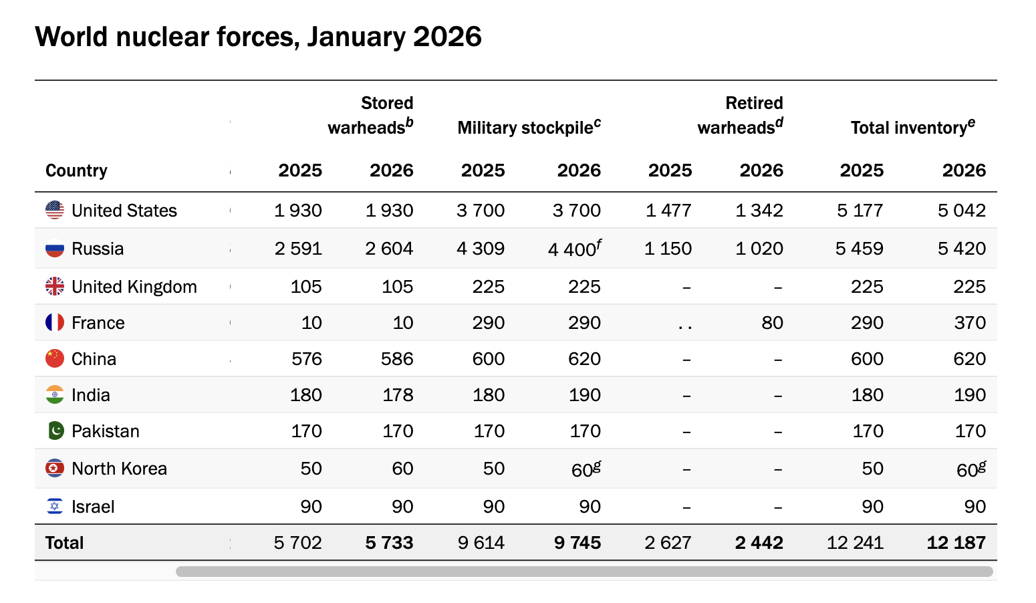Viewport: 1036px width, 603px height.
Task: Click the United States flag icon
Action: pyautogui.click(x=55, y=211)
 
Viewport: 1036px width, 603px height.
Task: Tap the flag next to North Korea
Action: pyautogui.click(x=55, y=469)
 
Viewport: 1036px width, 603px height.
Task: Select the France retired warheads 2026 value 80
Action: pyautogui.click(x=772, y=323)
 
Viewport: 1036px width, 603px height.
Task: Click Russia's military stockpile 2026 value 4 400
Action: pyautogui.click(x=571, y=249)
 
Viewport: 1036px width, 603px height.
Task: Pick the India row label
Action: pyautogui.click(x=91, y=395)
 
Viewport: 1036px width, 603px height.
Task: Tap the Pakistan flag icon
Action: pyautogui.click(x=55, y=431)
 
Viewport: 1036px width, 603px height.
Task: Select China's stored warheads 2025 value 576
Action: pyautogui.click(x=307, y=359)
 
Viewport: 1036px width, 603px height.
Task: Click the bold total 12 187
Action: pyautogui.click(x=956, y=543)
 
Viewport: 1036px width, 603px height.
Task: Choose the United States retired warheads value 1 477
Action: pyautogui.click(x=668, y=211)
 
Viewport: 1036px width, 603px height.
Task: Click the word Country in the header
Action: pyautogui.click(x=76, y=170)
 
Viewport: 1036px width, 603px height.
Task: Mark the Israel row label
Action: pyautogui.click(x=93, y=507)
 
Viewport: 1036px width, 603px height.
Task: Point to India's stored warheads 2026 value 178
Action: pyautogui.click(x=398, y=395)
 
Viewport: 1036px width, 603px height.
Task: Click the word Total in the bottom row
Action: pyautogui.click(x=64, y=543)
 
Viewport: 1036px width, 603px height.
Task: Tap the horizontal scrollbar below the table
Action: pyautogui.click(x=584, y=572)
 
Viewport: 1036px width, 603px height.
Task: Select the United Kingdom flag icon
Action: pyautogui.click(x=55, y=286)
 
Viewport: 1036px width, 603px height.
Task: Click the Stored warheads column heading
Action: pyautogui.click(x=370, y=115)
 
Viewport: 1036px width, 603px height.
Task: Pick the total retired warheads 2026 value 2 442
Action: pyautogui.click(x=759, y=543)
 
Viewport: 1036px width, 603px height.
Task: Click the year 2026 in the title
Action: pyautogui.click(x=447, y=37)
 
